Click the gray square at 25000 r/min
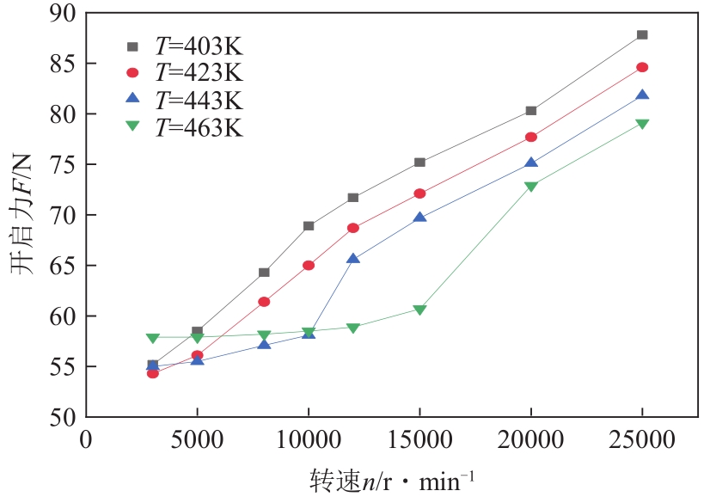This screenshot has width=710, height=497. (642, 35)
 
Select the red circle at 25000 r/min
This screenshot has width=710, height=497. (642, 67)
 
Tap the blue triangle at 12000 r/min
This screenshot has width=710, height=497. (353, 259)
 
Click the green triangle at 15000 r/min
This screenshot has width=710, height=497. (419, 310)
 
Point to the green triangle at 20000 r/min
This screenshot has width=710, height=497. (531, 186)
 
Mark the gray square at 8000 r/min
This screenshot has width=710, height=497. (264, 273)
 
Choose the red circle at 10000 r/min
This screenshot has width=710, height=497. (309, 266)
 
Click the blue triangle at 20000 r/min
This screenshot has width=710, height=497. (531, 163)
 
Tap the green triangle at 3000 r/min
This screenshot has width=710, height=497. (153, 338)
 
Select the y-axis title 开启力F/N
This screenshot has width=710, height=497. (22, 215)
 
